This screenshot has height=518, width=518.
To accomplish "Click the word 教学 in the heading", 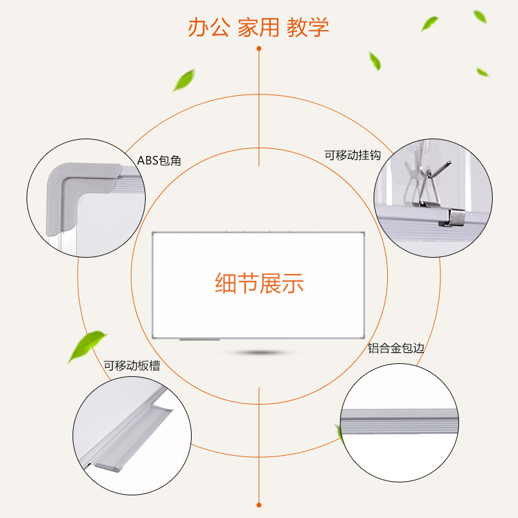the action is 308,28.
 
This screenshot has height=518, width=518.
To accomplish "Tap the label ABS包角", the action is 159,160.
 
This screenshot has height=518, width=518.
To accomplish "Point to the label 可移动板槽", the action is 131,366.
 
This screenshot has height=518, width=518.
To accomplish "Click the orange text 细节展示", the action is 259,284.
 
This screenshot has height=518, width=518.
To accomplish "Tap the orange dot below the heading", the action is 259,49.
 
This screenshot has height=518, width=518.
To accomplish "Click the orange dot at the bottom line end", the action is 259,504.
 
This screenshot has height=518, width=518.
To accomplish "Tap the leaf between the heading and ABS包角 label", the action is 185,81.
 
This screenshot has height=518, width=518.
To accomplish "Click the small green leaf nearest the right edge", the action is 482,72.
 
